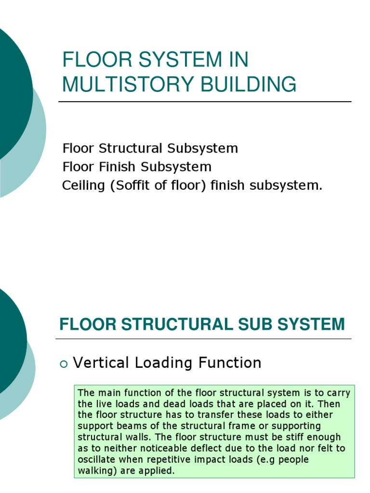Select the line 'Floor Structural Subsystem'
click(x=150, y=148)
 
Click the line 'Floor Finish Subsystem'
click(x=137, y=167)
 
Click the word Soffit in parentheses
click(x=132, y=185)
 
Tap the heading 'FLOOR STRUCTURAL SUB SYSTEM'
click(x=202, y=324)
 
